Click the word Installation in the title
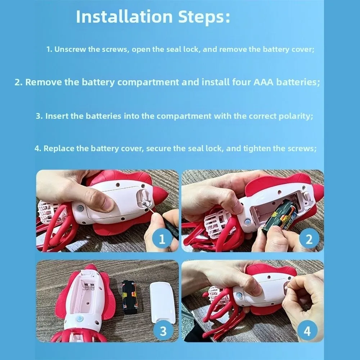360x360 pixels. [x=124, y=17]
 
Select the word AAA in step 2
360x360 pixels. [x=264, y=82]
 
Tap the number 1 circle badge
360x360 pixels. [x=162, y=239]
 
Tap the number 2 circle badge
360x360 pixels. [x=309, y=239]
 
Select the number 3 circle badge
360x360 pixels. [x=163, y=331]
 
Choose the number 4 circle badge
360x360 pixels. [x=307, y=331]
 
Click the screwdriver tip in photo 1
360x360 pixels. [x=145, y=203]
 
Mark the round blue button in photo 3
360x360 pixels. [x=80, y=319]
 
